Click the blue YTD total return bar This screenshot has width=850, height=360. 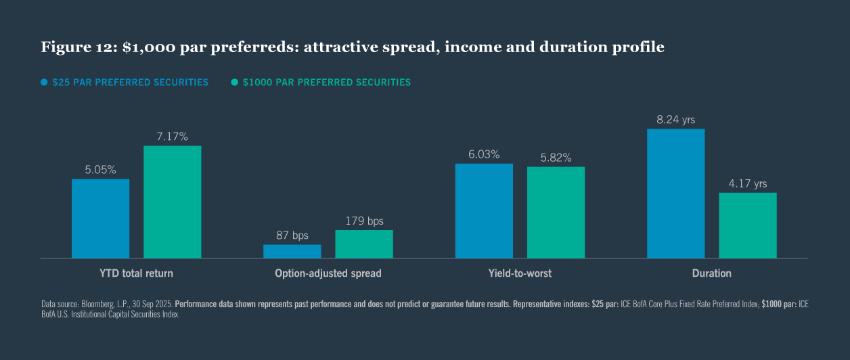point(100,218)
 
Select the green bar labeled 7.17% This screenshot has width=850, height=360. point(172,202)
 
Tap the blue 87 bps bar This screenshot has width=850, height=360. point(292,251)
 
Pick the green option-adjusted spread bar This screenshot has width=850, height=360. point(364,244)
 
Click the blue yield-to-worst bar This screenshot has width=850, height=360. point(484,210)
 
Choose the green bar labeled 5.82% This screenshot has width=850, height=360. point(556,212)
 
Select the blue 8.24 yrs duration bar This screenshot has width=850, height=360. point(675,194)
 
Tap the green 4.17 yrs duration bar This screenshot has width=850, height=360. point(748,225)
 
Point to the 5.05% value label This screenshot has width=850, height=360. point(100,169)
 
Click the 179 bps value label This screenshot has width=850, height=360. point(364,221)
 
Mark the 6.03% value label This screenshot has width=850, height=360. point(484,154)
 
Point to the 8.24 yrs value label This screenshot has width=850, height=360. point(675,120)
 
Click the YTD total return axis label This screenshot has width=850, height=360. point(136,273)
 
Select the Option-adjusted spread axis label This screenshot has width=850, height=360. point(328,273)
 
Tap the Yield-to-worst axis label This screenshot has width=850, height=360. point(520,273)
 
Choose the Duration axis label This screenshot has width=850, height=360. point(711,273)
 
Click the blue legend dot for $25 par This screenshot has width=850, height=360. point(45,82)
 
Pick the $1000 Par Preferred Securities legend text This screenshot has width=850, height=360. point(326,82)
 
